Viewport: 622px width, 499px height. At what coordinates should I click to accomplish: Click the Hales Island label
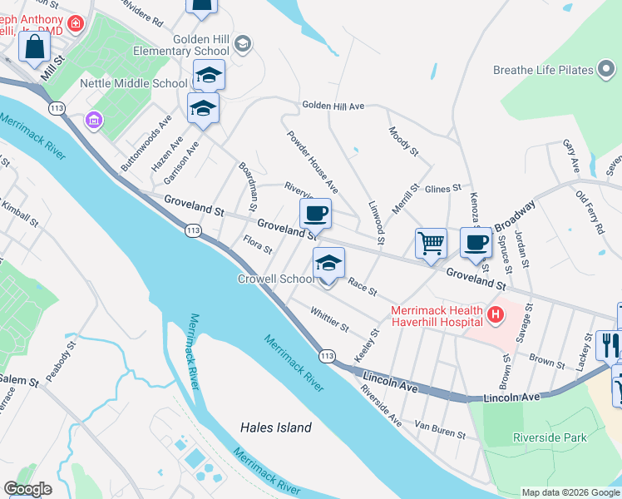tap(275, 427)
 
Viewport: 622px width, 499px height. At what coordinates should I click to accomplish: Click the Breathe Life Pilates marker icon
tap(607, 71)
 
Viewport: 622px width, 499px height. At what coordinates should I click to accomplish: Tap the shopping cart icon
tap(432, 244)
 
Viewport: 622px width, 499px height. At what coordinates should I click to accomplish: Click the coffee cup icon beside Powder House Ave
tap(315, 214)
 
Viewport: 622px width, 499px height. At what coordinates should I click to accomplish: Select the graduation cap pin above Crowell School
tap(328, 264)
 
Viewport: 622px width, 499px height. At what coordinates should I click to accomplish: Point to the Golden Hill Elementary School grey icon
tap(242, 42)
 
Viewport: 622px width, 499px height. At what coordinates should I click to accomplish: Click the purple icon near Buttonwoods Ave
tap(93, 121)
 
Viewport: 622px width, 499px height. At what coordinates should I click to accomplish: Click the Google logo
tap(28, 489)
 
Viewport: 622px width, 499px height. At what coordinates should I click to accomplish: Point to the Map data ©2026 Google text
tap(570, 492)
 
